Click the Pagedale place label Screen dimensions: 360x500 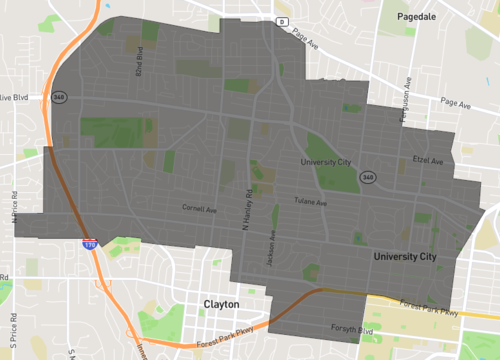[x=419, y=17]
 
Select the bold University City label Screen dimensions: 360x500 [x=405, y=258]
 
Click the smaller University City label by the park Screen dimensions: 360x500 [x=327, y=160]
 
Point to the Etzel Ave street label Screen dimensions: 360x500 [x=427, y=160]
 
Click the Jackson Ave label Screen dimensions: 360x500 [x=271, y=247]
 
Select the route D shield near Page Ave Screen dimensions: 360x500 [x=282, y=21]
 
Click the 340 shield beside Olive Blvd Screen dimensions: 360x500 [x=60, y=97]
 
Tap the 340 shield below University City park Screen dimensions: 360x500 [x=368, y=176]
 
